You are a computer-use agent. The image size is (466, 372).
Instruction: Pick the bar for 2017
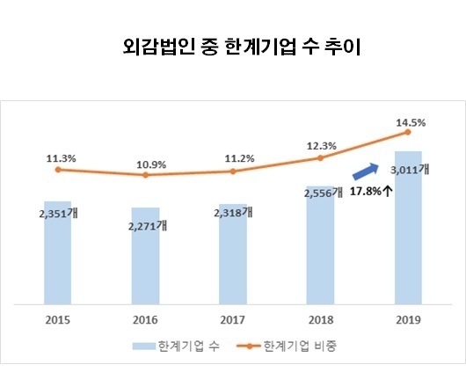coord(233,259)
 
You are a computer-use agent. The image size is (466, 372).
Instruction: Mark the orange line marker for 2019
coord(408,132)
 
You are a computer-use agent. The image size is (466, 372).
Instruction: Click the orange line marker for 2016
coord(145,175)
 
